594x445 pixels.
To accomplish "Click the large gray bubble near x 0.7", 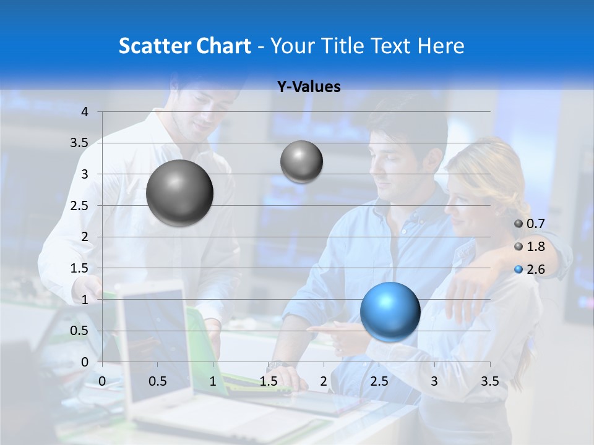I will tap(179, 193).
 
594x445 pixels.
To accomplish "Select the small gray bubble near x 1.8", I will tap(301, 161).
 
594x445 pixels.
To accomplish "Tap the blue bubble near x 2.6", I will tap(390, 311).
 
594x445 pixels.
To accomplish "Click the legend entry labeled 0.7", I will tap(530, 224).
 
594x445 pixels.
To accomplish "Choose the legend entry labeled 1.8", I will tap(530, 247).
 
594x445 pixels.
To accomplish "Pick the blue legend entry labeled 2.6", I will tap(530, 269).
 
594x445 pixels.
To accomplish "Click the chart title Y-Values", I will tap(309, 87).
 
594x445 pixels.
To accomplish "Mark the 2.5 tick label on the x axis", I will tap(379, 381).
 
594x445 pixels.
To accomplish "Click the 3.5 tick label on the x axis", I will tap(489, 381).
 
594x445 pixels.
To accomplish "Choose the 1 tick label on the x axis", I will tap(213, 381).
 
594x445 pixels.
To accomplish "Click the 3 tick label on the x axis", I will tap(434, 381).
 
